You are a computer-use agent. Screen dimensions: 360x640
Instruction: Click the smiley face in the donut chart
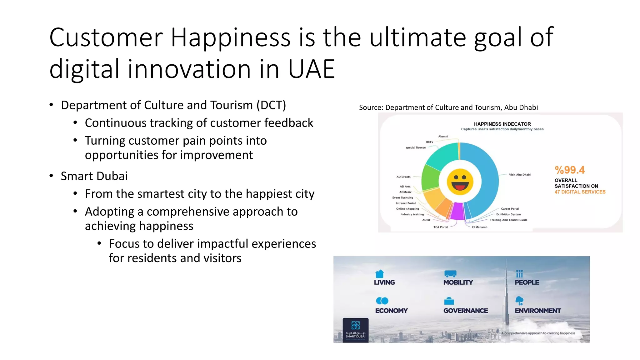[x=460, y=182]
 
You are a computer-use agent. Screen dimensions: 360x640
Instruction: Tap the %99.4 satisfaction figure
[x=569, y=170]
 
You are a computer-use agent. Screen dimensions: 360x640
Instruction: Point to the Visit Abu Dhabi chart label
[x=520, y=175]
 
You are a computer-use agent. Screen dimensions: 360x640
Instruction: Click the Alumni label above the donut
[x=443, y=137]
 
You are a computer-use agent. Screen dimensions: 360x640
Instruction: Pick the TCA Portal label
[x=441, y=227]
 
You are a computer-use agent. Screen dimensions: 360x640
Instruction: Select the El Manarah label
[x=480, y=227]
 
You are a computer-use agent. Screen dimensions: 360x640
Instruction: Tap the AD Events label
[x=403, y=177]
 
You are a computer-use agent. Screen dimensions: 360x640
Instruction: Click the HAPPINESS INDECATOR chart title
[x=502, y=124]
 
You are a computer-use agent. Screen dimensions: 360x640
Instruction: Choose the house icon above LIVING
[x=379, y=274]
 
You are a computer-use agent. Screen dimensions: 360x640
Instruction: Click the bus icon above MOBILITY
[x=450, y=274]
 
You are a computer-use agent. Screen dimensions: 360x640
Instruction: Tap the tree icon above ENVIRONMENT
[x=519, y=301]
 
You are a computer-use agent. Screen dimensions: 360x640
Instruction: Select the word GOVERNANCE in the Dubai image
[x=466, y=311]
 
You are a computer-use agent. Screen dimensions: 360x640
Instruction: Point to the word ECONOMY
[x=391, y=311]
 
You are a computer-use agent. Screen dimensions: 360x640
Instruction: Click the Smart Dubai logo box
[x=356, y=330]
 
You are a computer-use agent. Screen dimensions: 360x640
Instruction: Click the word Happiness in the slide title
[x=231, y=38]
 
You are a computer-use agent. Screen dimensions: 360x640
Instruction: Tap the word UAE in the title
[x=311, y=69]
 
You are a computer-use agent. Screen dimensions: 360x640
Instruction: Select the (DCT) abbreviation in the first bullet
[x=271, y=105]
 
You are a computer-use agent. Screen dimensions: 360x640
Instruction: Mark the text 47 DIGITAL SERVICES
[x=580, y=192]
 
